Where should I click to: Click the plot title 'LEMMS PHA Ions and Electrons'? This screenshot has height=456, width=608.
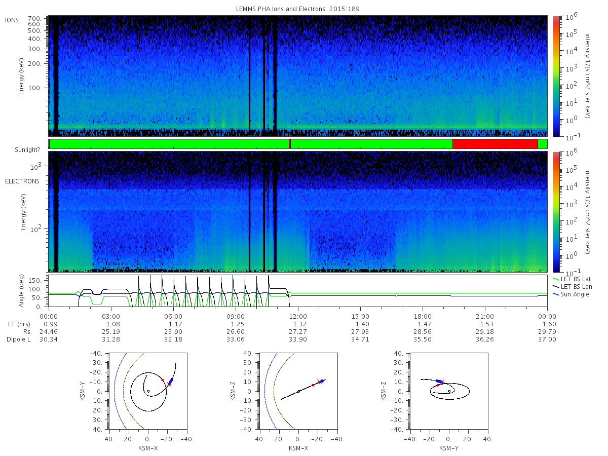[x=280, y=9]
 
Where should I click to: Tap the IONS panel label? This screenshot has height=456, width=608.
[x=12, y=20]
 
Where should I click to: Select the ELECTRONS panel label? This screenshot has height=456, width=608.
[x=22, y=181]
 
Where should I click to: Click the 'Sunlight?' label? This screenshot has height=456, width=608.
[x=27, y=150]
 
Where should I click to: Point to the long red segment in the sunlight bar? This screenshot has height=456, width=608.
[x=495, y=144]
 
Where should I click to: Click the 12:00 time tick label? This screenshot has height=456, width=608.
[x=298, y=317]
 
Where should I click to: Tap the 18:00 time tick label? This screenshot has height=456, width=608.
[x=423, y=317]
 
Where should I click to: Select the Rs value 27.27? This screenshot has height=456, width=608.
[x=298, y=332]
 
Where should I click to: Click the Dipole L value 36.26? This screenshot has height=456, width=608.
[x=485, y=339]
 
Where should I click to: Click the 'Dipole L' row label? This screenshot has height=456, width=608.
[x=19, y=339]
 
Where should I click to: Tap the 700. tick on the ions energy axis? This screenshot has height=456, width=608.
[x=34, y=19]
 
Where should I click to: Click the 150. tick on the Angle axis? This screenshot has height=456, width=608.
[x=34, y=281]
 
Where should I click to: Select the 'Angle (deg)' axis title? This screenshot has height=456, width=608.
[x=21, y=291]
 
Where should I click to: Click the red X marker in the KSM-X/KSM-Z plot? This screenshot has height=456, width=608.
[x=319, y=382]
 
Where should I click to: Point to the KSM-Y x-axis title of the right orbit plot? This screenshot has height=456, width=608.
[x=449, y=448]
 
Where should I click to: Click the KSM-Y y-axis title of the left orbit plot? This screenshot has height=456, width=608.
[x=82, y=391]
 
